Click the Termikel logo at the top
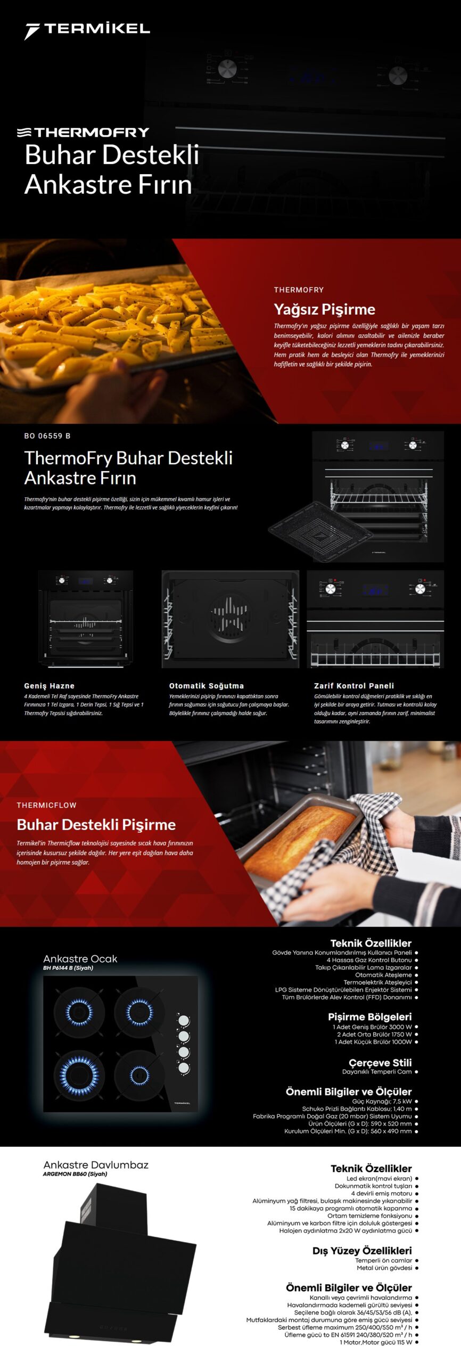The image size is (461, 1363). point(87,30)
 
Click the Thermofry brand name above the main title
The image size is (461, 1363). point(83,132)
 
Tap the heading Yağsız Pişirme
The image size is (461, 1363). point(324,309)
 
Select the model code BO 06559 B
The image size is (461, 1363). point(47,436)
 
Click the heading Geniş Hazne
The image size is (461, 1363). point(49,686)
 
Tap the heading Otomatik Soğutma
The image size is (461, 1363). point(207,686)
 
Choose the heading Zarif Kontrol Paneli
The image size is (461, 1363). point(354,686)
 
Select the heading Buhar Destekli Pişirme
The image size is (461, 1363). point(96,824)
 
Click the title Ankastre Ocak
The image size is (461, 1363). point(80,958)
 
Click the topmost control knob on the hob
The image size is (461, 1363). point(184,1020)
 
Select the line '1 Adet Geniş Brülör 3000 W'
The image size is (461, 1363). point(372,1027)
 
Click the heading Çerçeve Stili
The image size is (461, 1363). point(380,1062)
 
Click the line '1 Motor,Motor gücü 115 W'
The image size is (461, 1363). point(376,1342)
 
